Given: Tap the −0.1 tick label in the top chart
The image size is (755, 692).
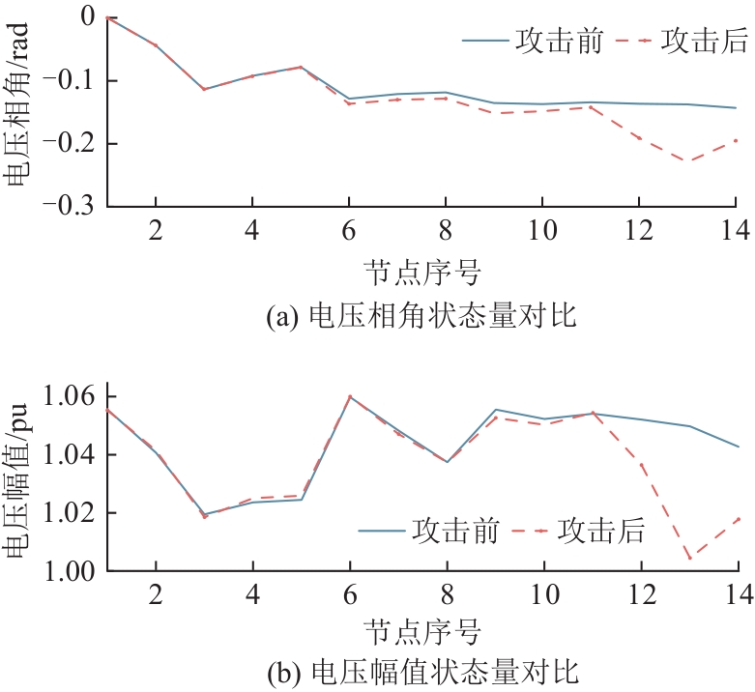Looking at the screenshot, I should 71,80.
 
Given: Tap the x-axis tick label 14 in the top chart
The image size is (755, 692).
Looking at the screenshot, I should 736,233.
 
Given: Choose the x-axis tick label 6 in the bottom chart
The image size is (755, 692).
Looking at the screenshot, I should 349,597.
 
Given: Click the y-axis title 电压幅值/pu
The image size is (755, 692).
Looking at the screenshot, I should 17,483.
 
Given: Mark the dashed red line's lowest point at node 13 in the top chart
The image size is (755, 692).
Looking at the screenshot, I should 688,160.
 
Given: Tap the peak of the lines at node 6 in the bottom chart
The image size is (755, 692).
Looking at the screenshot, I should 349,396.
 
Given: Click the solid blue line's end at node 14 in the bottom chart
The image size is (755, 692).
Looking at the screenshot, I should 737,447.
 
